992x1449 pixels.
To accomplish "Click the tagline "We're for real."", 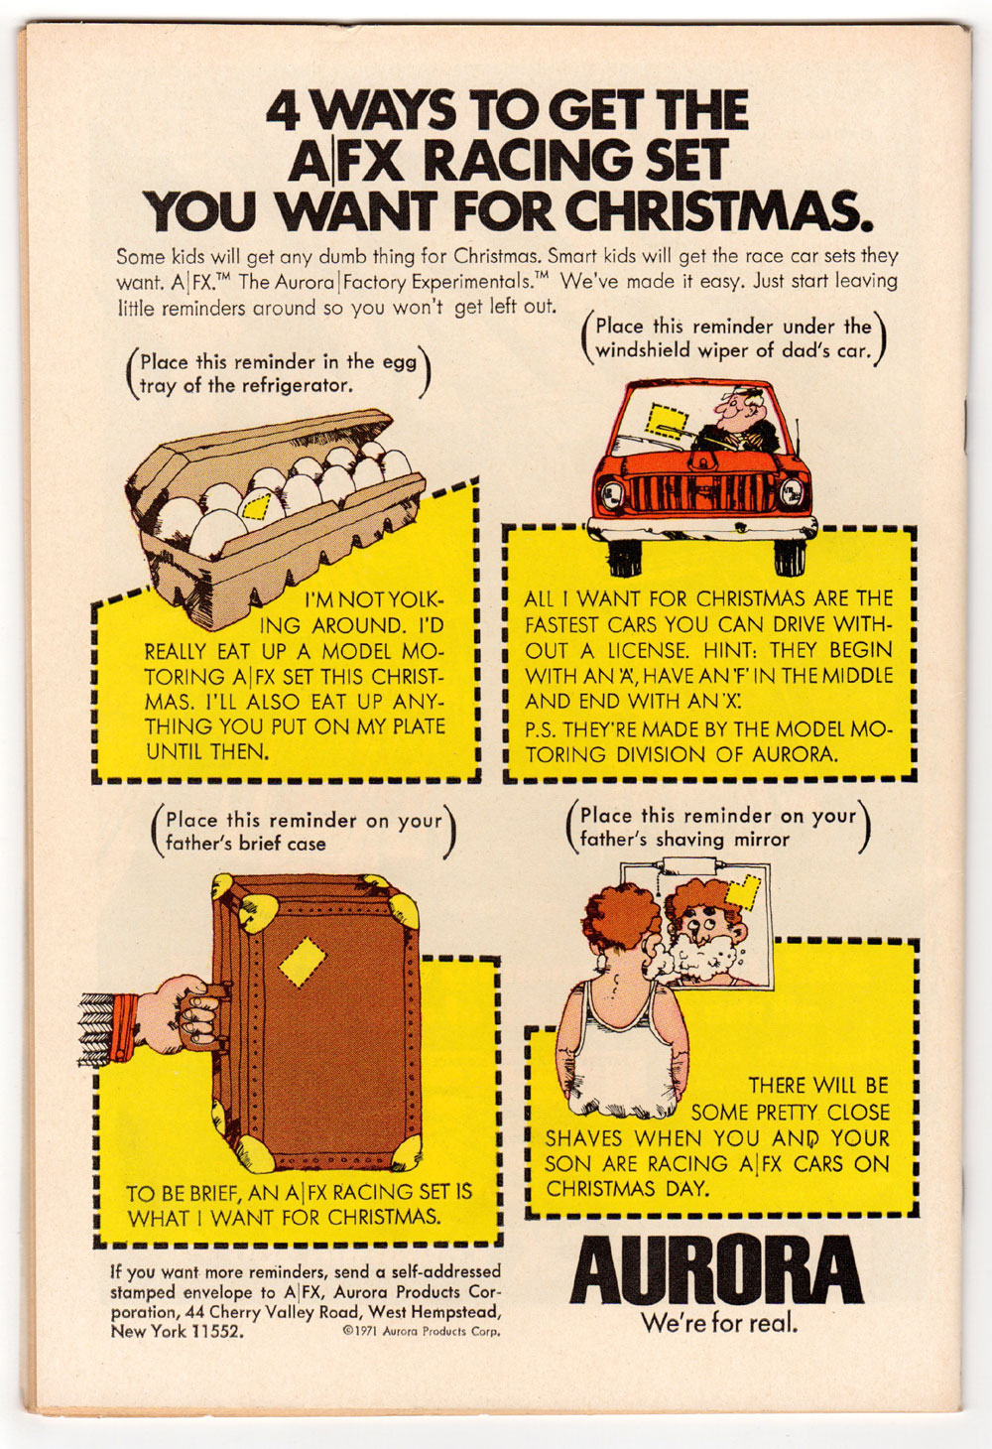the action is click(x=719, y=1322).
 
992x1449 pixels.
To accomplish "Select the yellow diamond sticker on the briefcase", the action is click(x=303, y=962).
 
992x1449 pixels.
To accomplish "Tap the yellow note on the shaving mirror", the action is click(x=744, y=893).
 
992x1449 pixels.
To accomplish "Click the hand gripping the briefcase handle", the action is click(x=178, y=1013).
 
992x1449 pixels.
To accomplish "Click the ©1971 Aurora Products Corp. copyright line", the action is click(x=422, y=1332).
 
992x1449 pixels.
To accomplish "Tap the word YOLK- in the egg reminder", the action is click(x=410, y=599).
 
